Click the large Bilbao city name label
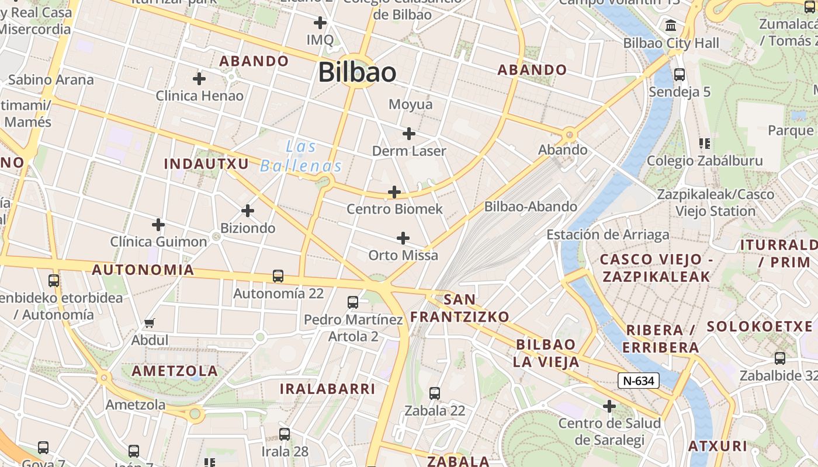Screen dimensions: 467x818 [357, 72]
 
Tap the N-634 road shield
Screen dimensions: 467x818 [639, 381]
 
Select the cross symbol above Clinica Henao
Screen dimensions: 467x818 [199, 78]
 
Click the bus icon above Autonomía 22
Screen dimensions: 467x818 [278, 276]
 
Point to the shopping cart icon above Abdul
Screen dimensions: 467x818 [150, 323]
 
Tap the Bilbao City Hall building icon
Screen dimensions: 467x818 [671, 26]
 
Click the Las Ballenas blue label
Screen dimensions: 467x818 [301, 156]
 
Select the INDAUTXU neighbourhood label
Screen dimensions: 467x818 [206, 164]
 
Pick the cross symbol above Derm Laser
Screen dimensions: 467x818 [409, 134]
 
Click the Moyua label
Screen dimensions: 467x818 [411, 104]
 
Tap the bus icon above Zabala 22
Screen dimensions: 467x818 [435, 393]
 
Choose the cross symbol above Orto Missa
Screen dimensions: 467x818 [403, 238]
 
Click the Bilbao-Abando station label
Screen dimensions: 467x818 [531, 207]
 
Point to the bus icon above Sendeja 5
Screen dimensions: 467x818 [679, 75]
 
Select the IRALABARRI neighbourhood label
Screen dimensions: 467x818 [327, 389]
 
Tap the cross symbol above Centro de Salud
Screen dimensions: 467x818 [609, 406]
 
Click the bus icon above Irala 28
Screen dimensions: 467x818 [285, 434]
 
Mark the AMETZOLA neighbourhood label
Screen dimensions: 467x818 [175, 371]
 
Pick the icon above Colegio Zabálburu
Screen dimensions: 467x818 [704, 144]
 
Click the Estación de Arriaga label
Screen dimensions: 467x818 [608, 235]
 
